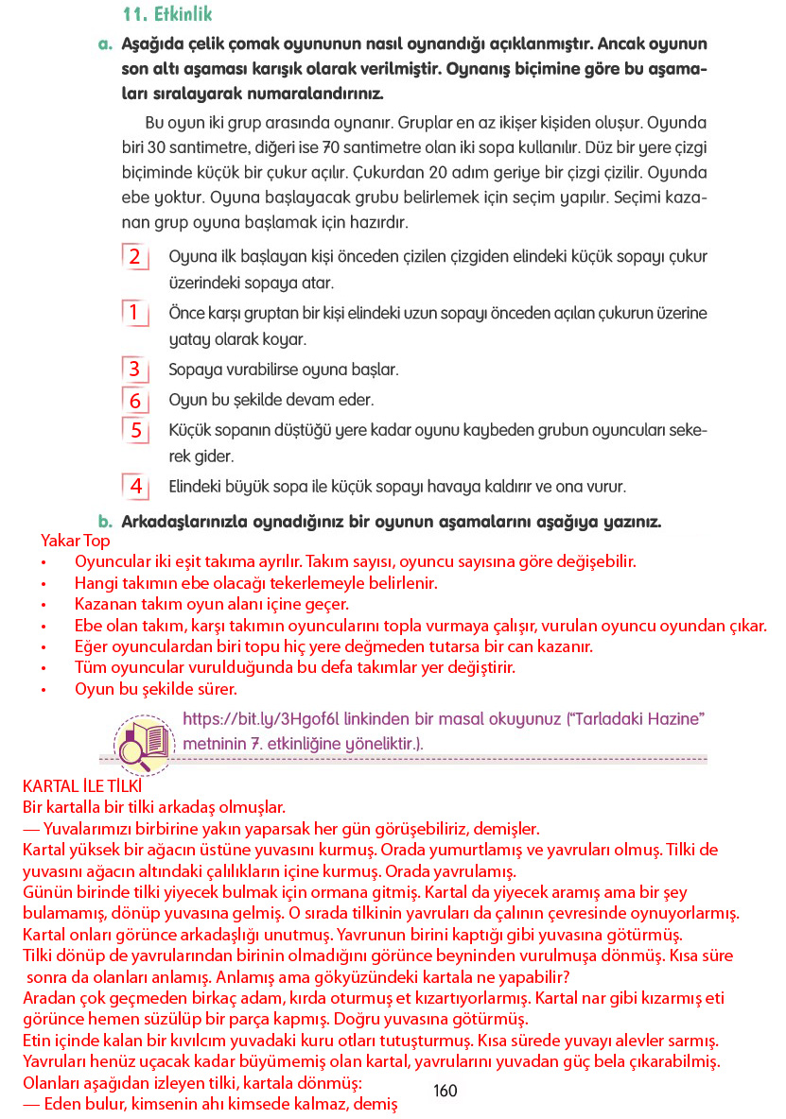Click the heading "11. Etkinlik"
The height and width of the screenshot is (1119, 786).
(x=167, y=14)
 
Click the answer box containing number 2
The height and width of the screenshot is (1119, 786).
(x=135, y=257)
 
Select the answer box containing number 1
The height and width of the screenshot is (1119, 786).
(x=135, y=312)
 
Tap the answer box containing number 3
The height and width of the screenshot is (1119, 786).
(x=135, y=369)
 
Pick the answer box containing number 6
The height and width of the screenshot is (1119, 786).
(x=135, y=400)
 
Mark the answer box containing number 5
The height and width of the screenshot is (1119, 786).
(x=135, y=431)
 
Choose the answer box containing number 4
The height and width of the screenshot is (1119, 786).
(x=135, y=487)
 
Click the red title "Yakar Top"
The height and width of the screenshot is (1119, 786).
(x=75, y=541)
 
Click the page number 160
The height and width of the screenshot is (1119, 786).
(x=445, y=1091)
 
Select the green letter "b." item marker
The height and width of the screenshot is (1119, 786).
(x=106, y=521)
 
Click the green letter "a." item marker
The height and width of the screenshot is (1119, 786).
(x=105, y=43)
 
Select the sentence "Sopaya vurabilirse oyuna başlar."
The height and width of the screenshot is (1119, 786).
(x=283, y=369)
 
